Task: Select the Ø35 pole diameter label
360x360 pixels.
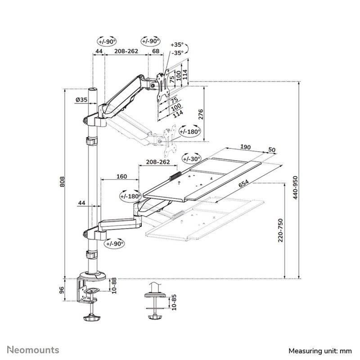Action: [x=81, y=99]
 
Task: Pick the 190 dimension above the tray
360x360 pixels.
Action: [x=245, y=147]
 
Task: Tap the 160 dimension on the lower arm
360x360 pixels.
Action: [x=121, y=176]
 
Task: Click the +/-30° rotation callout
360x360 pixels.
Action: [x=192, y=159]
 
